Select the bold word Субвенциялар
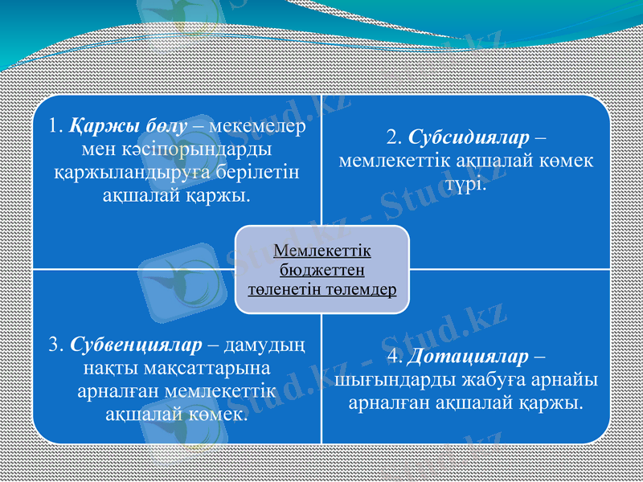click(x=137, y=345)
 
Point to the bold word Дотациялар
click(x=469, y=355)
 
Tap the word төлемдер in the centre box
click(x=361, y=288)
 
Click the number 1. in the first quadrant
click(x=55, y=126)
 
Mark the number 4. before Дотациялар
click(x=395, y=355)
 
